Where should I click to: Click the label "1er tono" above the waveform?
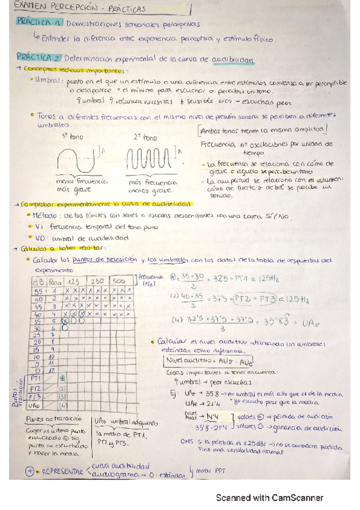pyautogui.click(x=70, y=137)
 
